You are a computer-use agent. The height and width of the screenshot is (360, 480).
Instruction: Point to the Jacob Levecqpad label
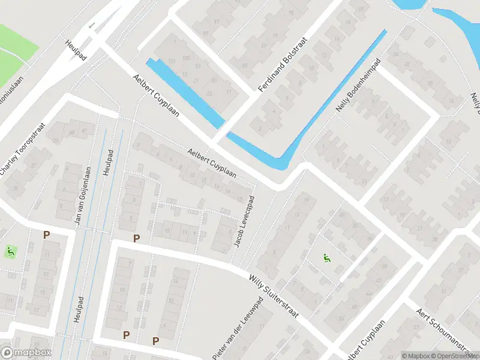point(244,222)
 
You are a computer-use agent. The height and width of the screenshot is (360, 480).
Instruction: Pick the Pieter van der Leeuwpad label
point(238,329)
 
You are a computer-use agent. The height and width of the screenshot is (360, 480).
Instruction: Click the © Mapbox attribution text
point(416,356)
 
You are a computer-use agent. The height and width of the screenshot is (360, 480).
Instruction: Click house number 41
point(84,130)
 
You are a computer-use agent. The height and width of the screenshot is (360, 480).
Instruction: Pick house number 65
point(244,65)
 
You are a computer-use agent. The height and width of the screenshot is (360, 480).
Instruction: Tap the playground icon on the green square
point(10,251)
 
